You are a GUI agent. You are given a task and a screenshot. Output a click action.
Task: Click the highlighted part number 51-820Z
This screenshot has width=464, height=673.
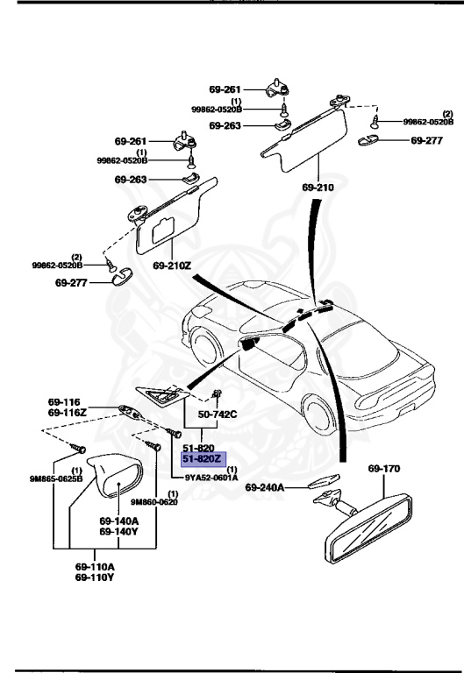coord(203,458)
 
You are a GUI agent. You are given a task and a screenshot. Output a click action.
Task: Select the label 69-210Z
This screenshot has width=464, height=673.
coord(172,265)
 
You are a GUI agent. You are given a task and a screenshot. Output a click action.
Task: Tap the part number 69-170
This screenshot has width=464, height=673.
coord(383,469)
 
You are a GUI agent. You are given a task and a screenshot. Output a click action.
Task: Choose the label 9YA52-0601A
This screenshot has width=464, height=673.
coord(211,478)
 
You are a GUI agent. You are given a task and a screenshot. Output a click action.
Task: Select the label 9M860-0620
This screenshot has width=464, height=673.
coord(153,501)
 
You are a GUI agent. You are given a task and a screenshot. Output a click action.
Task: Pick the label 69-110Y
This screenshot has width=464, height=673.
coord(93,577)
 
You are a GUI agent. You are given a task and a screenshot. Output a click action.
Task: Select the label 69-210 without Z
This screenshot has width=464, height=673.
coord(318,188)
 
